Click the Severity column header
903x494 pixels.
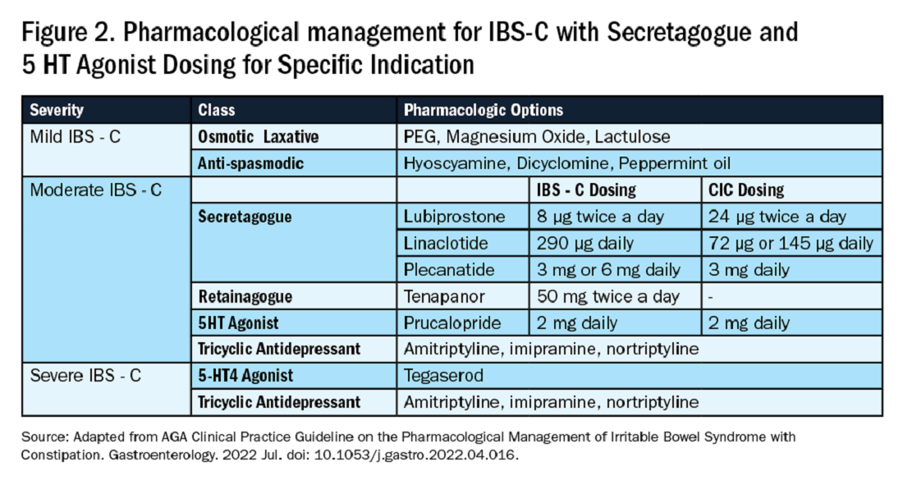coord(57,110)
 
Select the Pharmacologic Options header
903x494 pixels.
coord(484,110)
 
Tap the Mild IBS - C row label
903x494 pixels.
coord(76,137)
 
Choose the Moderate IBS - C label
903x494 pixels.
coord(95,190)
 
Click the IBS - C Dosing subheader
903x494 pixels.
coord(586,190)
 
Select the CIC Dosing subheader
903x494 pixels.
coord(745,190)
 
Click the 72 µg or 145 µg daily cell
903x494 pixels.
coord(791,244)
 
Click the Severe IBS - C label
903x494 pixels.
coord(85,376)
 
